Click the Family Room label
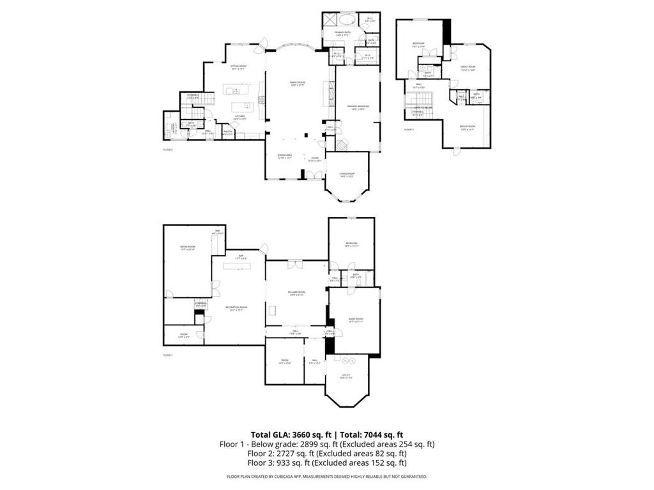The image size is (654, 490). pyautogui.click(x=297, y=84)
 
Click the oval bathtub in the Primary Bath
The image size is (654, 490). pyautogui.click(x=348, y=19)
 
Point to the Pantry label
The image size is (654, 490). pyautogui.click(x=227, y=132)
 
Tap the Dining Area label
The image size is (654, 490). pyautogui.click(x=285, y=156)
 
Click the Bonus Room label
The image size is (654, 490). pyautogui.click(x=468, y=126)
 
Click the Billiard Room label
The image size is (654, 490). pyautogui.click(x=297, y=293)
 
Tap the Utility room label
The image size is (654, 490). pyautogui.click(x=346, y=376)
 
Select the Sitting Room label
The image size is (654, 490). pyautogui.click(x=238, y=66)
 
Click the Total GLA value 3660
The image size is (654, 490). pyautogui.click(x=305, y=434)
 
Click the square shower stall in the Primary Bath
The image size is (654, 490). pyautogui.click(x=329, y=19)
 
